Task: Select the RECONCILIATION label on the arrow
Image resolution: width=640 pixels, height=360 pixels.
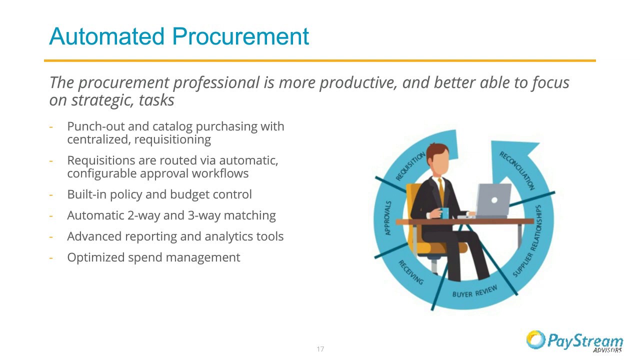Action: pyautogui.click(x=517, y=170)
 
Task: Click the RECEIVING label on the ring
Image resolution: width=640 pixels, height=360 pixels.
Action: pyautogui.click(x=410, y=272)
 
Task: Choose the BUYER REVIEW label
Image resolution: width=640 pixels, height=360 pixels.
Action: pyautogui.click(x=474, y=291)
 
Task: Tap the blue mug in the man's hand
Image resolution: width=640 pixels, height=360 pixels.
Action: pyautogui.click(x=444, y=213)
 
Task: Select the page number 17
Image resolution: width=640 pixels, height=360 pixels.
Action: pyautogui.click(x=320, y=349)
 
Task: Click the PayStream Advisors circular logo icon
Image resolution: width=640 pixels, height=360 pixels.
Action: pyautogui.click(x=535, y=339)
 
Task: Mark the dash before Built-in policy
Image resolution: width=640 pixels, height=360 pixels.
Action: pyautogui.click(x=51, y=194)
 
